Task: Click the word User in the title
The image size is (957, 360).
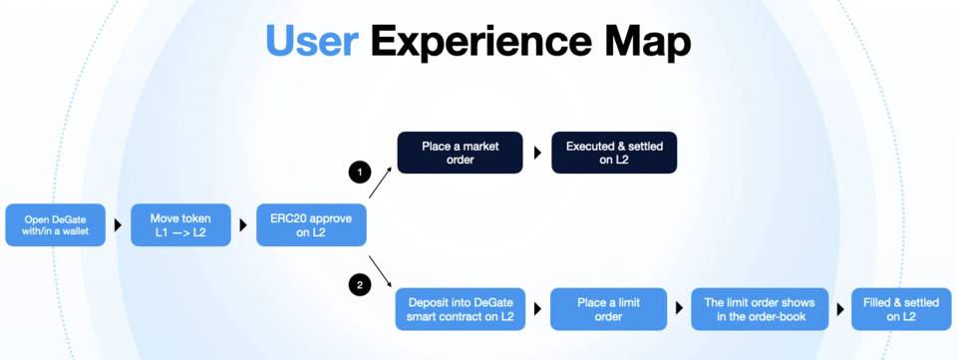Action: click(x=312, y=42)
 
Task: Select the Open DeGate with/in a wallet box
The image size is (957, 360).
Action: click(x=56, y=225)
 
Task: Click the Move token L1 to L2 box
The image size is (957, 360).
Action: click(x=180, y=225)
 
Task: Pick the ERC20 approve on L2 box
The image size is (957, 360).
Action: click(x=311, y=225)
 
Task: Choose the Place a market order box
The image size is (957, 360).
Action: click(x=461, y=153)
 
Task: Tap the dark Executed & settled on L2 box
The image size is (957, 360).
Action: click(x=614, y=153)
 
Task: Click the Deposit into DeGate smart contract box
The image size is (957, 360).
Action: click(x=461, y=309)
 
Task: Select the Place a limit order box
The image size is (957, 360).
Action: click(x=608, y=309)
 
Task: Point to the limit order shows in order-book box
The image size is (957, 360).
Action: click(x=760, y=309)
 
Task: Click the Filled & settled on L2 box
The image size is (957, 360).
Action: click(x=901, y=309)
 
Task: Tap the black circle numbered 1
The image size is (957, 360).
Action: click(x=360, y=173)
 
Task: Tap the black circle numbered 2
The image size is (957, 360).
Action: click(x=360, y=284)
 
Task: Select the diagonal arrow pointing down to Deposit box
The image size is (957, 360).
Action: click(x=380, y=272)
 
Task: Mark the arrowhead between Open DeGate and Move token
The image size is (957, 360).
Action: click(x=118, y=225)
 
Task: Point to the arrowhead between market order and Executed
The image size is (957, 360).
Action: click(x=537, y=153)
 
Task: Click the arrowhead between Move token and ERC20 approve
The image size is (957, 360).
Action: click(x=243, y=225)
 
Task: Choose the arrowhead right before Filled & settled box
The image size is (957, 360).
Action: click(x=839, y=309)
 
